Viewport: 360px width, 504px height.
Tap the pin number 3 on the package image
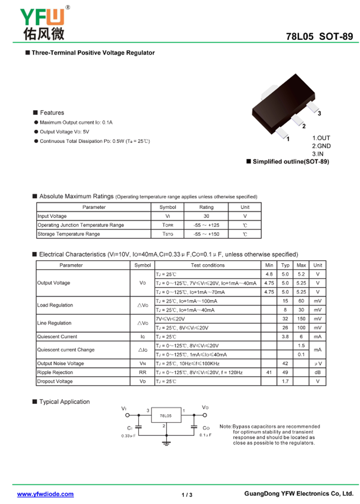click(x=319, y=114)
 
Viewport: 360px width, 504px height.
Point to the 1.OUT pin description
click(x=321, y=138)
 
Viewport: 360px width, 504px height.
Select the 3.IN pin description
click(x=318, y=154)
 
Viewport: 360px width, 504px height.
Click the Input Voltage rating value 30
click(x=206, y=216)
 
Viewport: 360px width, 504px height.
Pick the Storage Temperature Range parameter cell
click(x=68, y=234)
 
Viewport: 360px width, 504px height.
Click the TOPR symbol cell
click(x=167, y=225)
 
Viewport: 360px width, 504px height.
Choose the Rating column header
click(x=206, y=207)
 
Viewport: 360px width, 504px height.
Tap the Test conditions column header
click(x=207, y=265)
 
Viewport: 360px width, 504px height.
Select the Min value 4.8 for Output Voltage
click(x=269, y=274)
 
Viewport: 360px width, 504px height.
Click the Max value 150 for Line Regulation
click(x=301, y=319)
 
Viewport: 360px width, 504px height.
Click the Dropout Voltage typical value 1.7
click(x=285, y=381)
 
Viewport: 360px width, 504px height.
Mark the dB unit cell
click(x=318, y=372)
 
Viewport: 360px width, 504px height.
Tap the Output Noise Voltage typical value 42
click(x=285, y=363)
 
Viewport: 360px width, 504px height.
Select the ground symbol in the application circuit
click(x=167, y=443)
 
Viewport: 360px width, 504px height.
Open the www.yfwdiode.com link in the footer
click(x=45, y=494)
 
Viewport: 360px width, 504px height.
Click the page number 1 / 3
click(x=187, y=495)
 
